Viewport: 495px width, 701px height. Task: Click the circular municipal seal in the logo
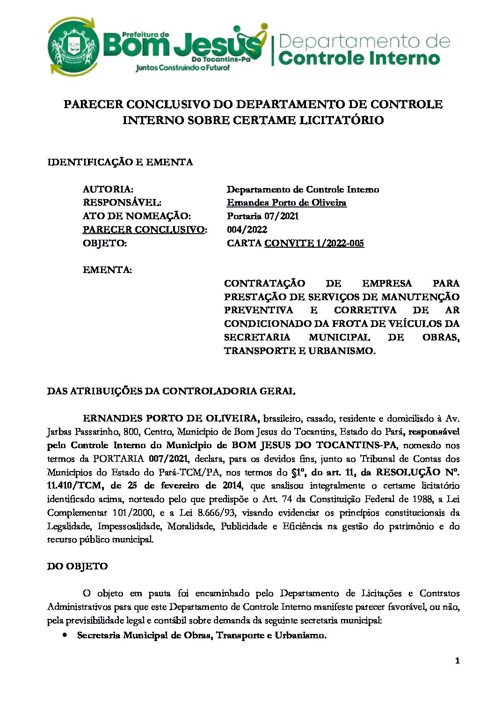73,47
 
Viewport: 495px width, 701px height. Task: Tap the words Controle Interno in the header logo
359,59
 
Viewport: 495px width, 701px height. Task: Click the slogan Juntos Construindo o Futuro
182,68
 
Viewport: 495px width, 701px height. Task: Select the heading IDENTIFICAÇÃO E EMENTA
120,162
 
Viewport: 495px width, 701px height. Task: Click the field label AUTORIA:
108,189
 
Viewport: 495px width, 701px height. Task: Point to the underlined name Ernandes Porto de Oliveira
286,203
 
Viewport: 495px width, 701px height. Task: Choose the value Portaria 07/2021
262,216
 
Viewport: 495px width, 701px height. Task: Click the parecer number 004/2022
247,229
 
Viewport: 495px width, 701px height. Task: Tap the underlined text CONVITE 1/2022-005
314,243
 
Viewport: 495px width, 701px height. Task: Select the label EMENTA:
107,270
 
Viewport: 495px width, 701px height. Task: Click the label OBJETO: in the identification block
105,243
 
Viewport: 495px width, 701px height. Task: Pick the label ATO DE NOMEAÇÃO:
137,216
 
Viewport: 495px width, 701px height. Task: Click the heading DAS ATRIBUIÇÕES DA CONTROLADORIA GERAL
171,391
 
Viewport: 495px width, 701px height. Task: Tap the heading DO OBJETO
77,566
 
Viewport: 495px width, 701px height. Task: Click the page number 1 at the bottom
457,661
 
